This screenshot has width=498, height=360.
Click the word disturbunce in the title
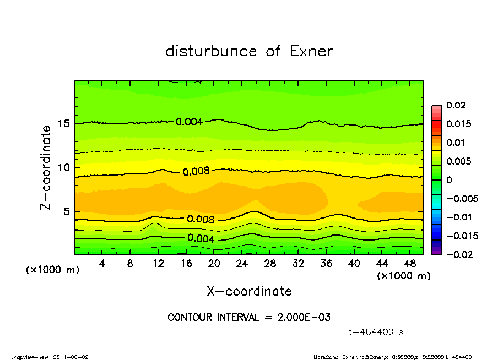[x=211, y=51]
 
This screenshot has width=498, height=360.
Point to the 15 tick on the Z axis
[x=63, y=124]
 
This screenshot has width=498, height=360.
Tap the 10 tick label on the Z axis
[x=63, y=167]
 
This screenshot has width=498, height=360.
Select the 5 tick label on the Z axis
[x=66, y=211]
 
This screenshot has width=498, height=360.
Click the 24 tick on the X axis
[x=242, y=264]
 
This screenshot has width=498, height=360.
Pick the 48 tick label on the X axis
[x=410, y=264]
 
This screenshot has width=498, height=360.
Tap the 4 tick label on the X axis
[x=102, y=264]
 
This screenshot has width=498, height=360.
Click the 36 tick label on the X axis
[x=326, y=264]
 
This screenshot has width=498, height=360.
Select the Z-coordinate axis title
[x=46, y=167]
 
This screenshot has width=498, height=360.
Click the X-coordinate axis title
[x=249, y=291]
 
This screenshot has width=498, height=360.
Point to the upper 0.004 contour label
[x=189, y=122]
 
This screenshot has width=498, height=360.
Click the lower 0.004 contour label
[x=201, y=238]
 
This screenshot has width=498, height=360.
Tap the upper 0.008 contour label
[x=196, y=171]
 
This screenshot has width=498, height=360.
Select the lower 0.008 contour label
[x=201, y=219]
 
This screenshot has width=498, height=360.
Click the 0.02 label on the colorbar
[x=456, y=105]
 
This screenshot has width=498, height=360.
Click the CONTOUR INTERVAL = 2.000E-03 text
[x=249, y=318]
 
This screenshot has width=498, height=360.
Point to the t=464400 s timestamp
[x=376, y=332]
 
